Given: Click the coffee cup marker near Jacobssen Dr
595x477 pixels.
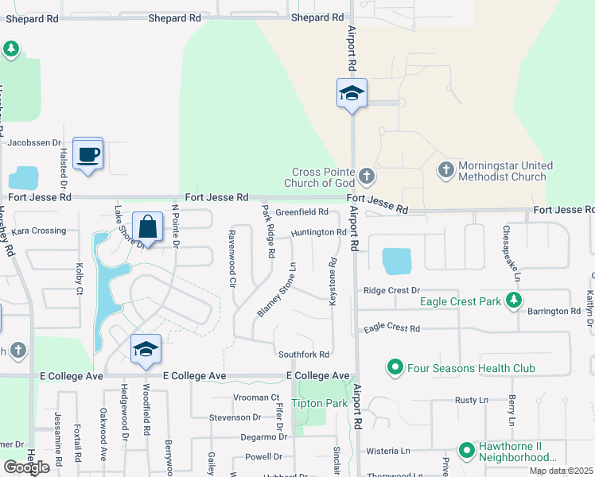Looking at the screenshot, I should (87, 153).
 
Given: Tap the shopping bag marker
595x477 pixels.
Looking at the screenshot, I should (147, 227).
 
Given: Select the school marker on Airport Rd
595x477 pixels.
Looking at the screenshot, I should (351, 94).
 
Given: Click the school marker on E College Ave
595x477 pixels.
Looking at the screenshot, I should (145, 349).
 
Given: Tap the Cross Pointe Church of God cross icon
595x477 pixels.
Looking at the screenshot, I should (366, 175).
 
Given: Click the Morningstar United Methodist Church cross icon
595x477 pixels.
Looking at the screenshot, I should (446, 169).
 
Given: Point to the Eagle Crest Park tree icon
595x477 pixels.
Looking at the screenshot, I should (515, 301).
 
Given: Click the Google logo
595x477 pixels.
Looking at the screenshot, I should (25, 467).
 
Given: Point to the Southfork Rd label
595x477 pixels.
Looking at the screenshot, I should (303, 354).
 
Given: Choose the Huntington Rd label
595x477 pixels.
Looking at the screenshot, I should (318, 232).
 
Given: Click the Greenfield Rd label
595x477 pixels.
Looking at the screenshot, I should (301, 212).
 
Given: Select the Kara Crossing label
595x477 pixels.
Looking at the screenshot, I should (38, 231).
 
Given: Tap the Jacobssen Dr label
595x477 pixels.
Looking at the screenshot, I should (34, 143).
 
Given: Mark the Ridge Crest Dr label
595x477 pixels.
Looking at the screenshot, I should (391, 291).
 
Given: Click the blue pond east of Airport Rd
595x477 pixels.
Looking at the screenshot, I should (397, 261).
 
